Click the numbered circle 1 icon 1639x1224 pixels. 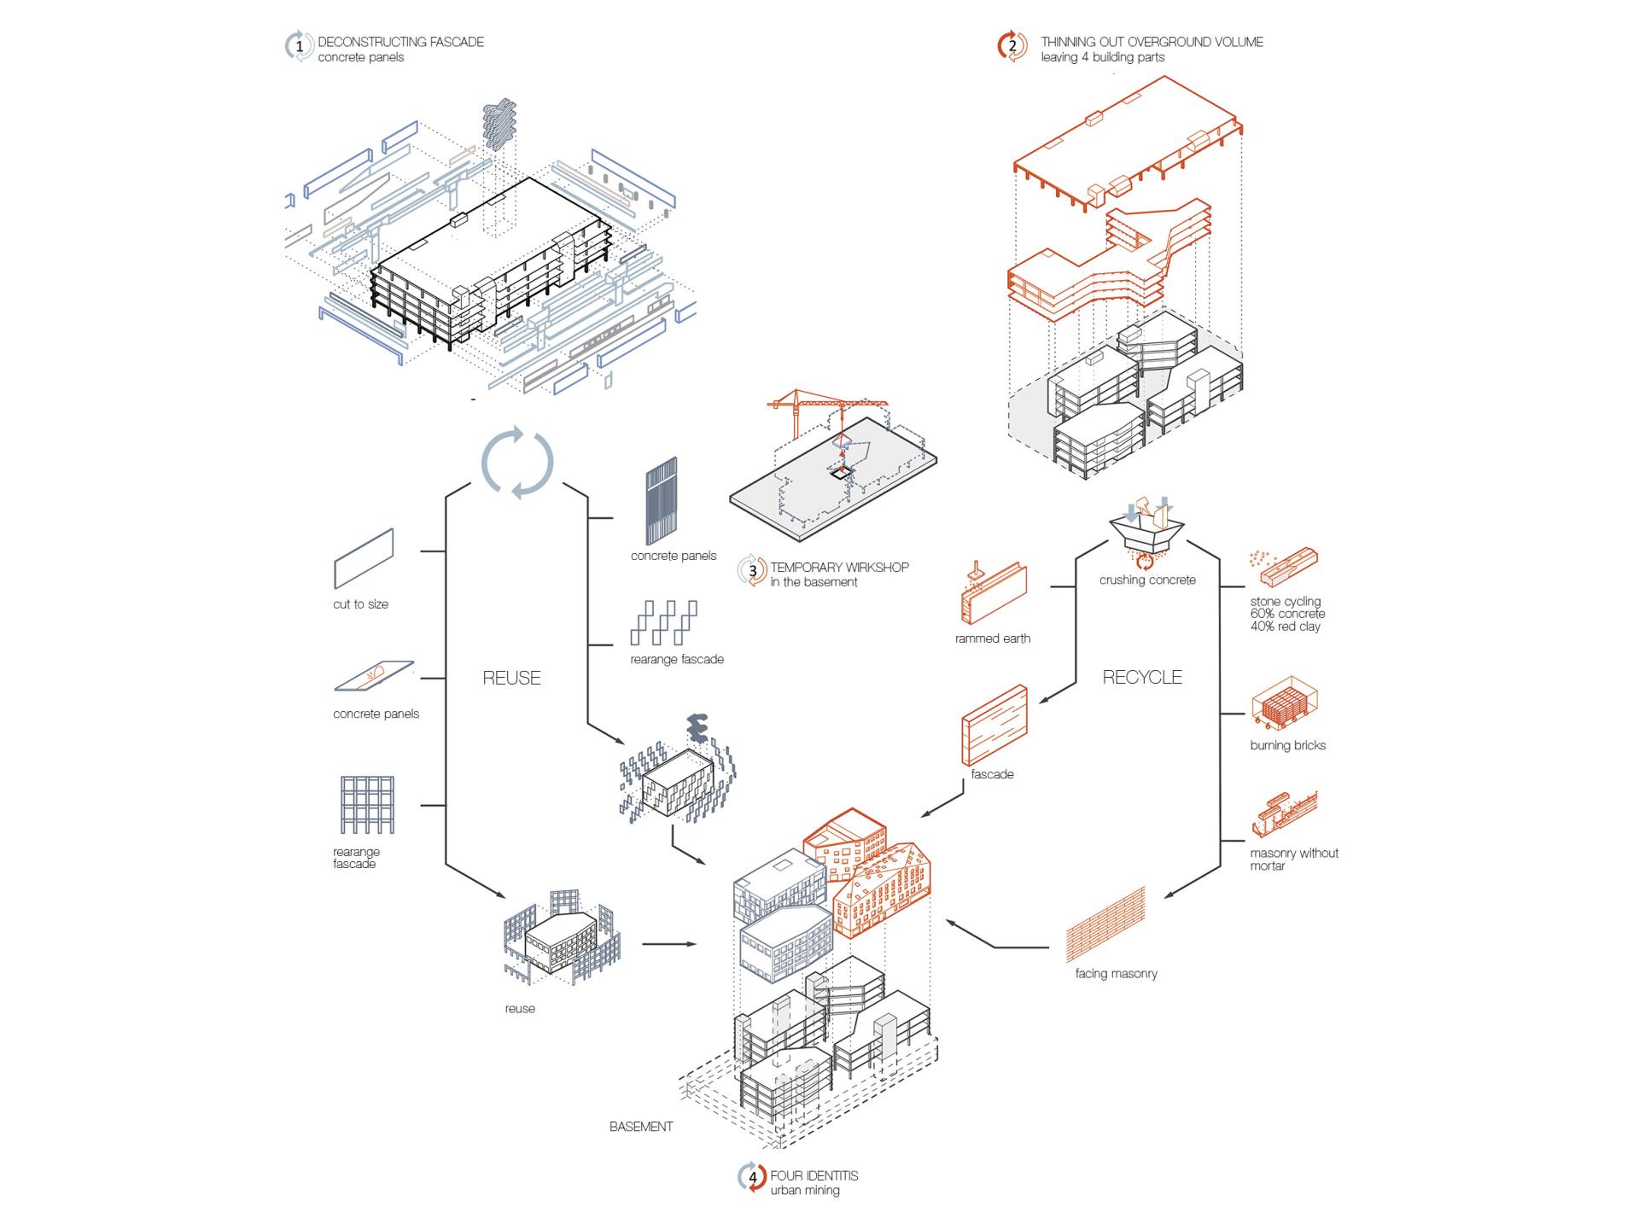[299, 46]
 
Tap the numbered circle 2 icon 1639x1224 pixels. [1012, 46]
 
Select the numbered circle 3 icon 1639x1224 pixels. [752, 571]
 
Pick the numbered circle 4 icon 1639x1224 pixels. [752, 1178]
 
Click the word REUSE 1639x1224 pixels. [511, 678]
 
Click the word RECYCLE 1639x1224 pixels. [1142, 677]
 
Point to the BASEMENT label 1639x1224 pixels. [641, 1127]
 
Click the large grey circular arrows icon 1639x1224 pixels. [517, 463]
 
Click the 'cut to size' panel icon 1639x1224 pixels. [364, 558]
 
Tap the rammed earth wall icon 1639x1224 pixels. [994, 594]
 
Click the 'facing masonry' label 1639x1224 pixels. [1116, 973]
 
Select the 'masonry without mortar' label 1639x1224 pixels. [1293, 860]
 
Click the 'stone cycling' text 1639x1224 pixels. [1285, 601]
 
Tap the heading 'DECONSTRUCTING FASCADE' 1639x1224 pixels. [400, 41]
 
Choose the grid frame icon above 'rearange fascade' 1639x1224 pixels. [367, 805]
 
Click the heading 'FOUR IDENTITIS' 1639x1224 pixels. [814, 1175]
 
